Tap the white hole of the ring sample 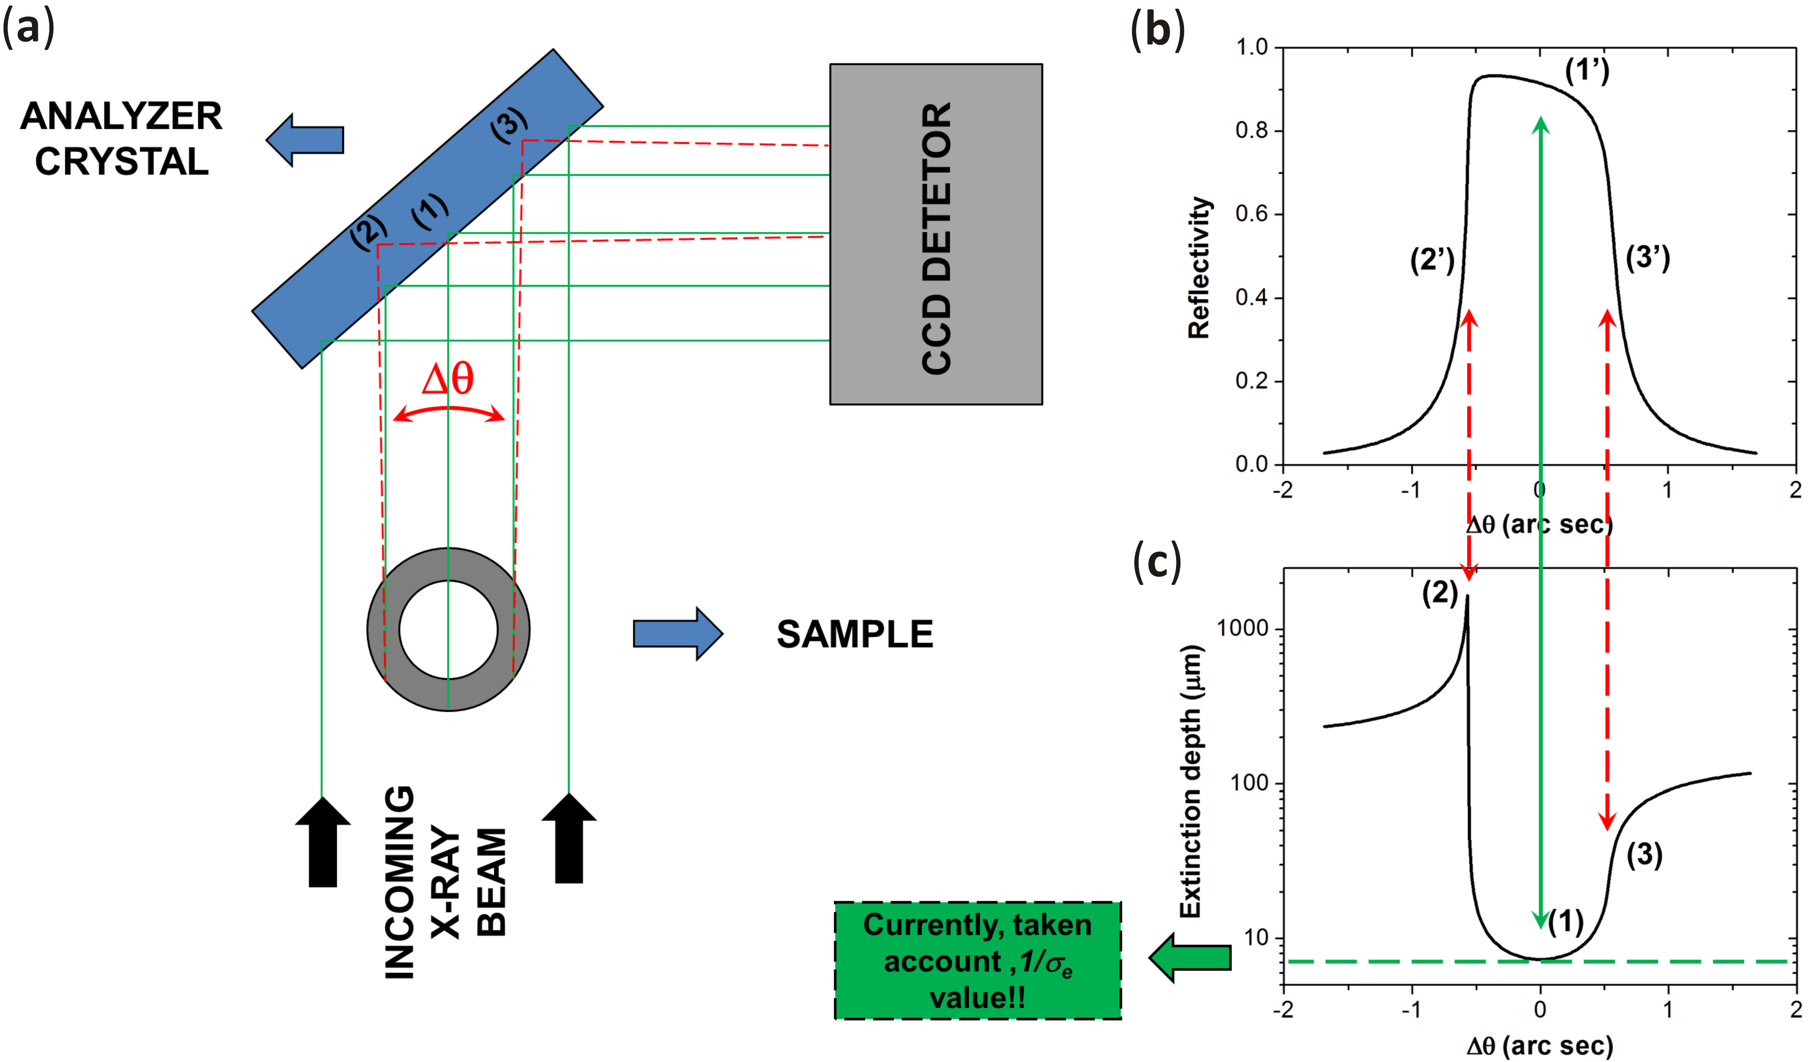point(448,630)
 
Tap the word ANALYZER point(121,116)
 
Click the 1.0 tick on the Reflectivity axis point(1251,48)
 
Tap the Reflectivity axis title point(1199,267)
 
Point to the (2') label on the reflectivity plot point(1432,260)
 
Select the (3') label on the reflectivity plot point(1648,257)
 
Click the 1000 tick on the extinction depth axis point(1241,628)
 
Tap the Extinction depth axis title point(1191,781)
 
